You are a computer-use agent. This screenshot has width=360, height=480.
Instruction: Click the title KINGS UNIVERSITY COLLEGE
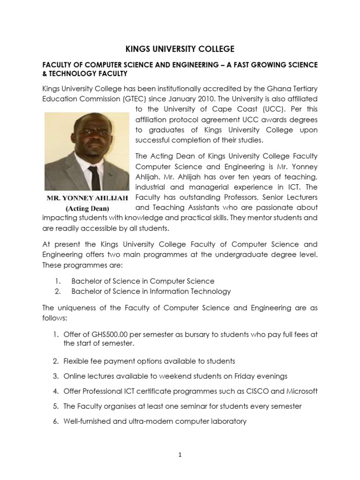[180, 48]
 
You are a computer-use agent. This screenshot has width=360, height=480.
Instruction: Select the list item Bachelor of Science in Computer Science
[142, 281]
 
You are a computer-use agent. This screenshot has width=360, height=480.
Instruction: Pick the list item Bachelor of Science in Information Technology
[151, 291]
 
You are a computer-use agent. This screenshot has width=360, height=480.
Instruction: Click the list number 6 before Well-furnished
[55, 421]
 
